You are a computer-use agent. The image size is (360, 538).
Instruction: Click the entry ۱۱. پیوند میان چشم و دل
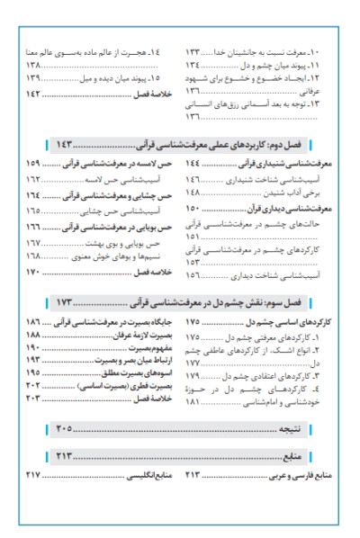click(289, 66)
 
